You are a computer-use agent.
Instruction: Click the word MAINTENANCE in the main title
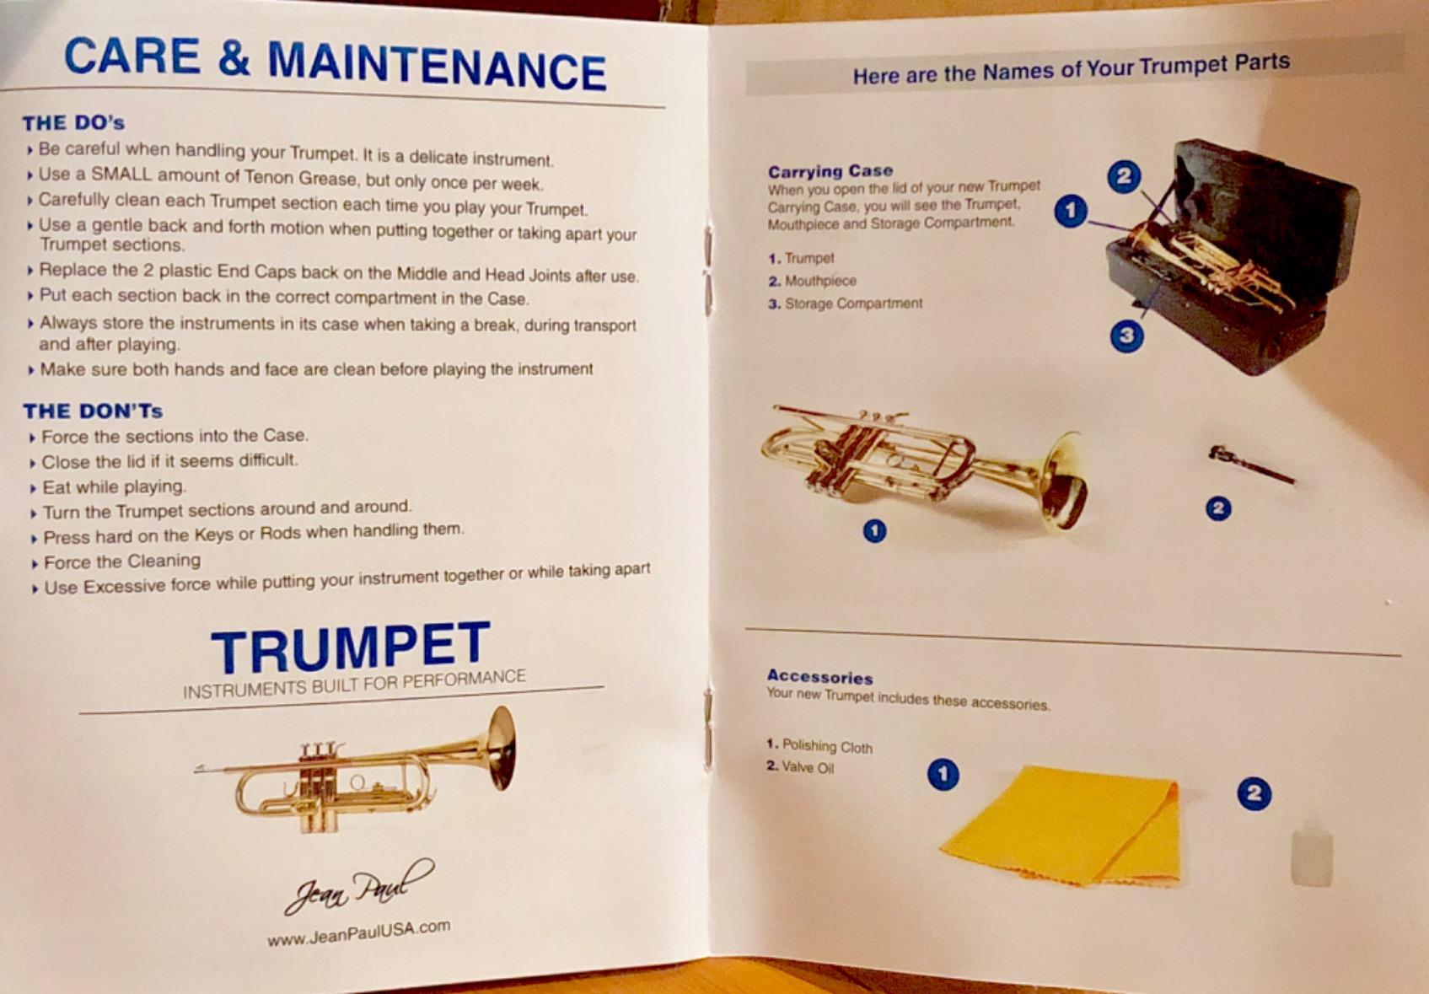click(x=437, y=66)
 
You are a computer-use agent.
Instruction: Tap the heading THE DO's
click(x=73, y=123)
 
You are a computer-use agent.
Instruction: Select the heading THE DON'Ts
click(x=93, y=411)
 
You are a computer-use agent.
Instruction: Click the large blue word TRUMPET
click(x=350, y=647)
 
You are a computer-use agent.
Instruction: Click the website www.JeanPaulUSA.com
click(x=358, y=932)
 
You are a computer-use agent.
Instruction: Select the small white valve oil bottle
click(x=1311, y=853)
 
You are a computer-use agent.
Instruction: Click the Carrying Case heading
click(x=830, y=170)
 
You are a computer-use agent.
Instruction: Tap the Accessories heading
click(x=819, y=677)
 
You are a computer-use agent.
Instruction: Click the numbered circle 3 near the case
click(x=1126, y=336)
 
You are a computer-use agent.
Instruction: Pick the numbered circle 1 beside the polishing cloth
click(x=943, y=774)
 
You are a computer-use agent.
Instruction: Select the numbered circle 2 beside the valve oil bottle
click(x=1254, y=793)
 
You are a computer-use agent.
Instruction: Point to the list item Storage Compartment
click(x=852, y=304)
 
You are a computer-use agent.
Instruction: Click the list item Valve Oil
click(x=807, y=767)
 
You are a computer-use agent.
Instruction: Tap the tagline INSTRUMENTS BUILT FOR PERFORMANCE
click(x=354, y=684)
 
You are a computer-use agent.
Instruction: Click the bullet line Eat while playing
click(x=114, y=486)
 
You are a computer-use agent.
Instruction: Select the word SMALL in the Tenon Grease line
click(x=121, y=175)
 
